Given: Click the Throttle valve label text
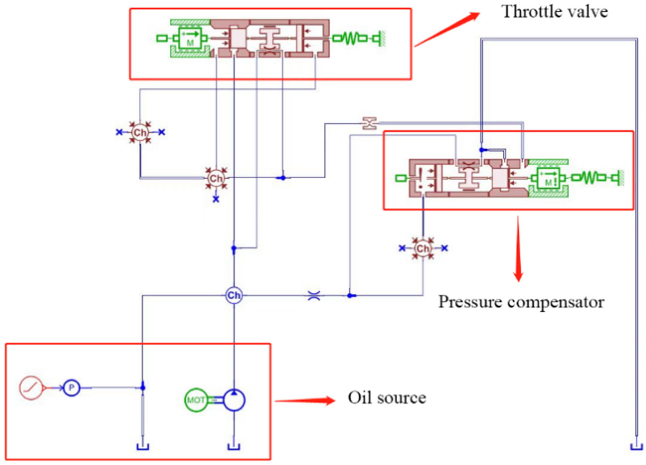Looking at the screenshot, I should click(x=555, y=12).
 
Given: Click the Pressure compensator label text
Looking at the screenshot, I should click(x=521, y=302).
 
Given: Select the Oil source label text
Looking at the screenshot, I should click(x=387, y=398).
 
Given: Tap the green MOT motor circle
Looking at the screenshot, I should click(x=196, y=400).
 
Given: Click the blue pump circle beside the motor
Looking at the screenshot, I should click(x=234, y=400).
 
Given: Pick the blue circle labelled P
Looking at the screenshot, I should click(x=71, y=387).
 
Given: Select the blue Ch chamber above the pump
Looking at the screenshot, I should click(x=234, y=295).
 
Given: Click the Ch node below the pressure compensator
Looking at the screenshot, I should click(x=422, y=248).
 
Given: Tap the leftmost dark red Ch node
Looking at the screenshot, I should click(x=140, y=132).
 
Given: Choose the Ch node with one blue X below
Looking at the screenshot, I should click(x=216, y=178).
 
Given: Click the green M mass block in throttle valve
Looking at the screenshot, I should click(x=190, y=38).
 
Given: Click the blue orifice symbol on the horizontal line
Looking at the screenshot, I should click(x=314, y=295).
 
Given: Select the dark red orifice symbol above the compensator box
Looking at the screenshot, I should click(x=369, y=123).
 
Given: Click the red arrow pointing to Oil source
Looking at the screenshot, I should click(x=305, y=401).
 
